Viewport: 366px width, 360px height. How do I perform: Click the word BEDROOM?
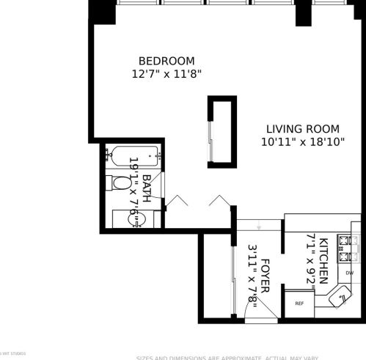point(166,60)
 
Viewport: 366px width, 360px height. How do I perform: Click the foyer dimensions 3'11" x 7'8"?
point(252,276)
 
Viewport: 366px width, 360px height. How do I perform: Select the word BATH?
point(147,188)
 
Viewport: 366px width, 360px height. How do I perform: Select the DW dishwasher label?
point(350,273)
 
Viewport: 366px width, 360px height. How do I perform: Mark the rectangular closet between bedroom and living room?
point(221,132)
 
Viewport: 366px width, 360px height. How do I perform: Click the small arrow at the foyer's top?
point(259,224)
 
